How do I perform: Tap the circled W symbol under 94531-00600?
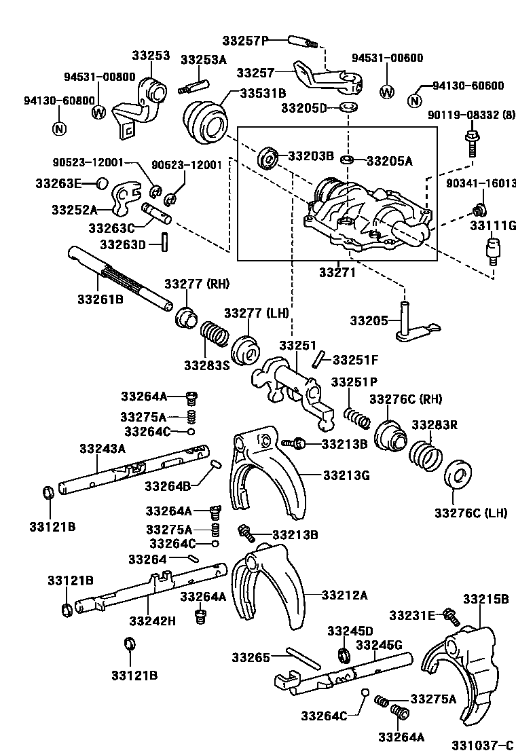click(x=386, y=92)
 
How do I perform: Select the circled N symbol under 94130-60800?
click(x=59, y=128)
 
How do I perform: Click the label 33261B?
click(x=100, y=298)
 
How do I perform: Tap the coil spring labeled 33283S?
click(x=215, y=337)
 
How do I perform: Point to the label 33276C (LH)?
click(x=471, y=513)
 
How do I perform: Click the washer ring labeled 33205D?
click(x=348, y=108)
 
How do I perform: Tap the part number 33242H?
click(x=153, y=620)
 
